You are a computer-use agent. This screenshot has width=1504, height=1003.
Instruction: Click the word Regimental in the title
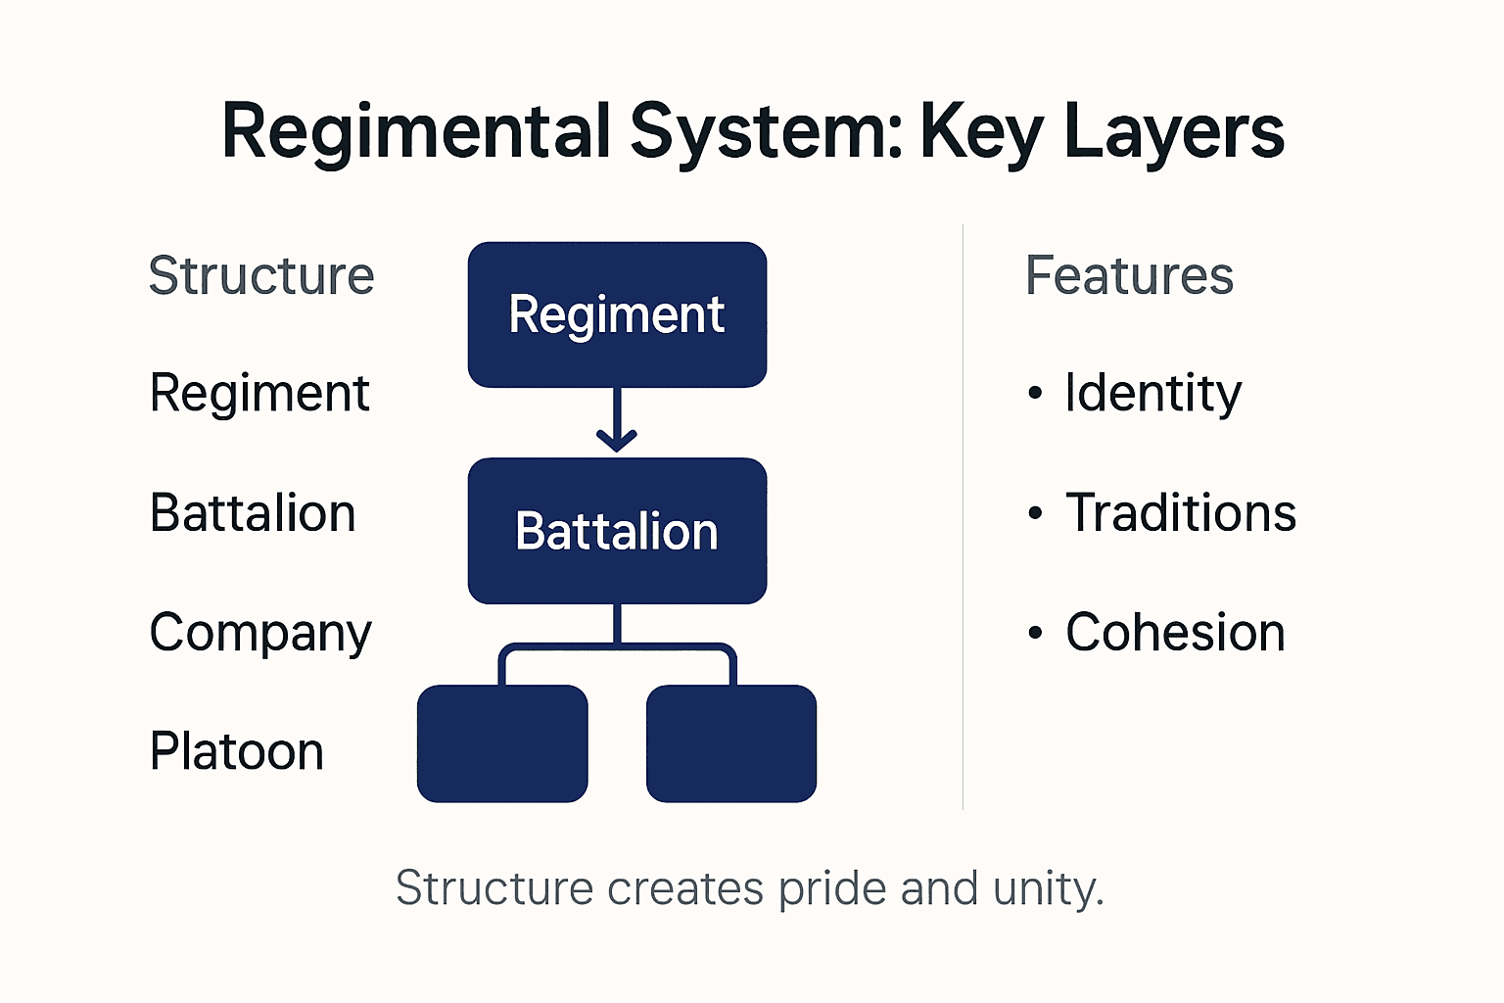416,132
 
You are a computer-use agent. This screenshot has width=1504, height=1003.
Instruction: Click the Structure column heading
261,276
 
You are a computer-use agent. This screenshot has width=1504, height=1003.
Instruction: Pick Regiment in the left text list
259,395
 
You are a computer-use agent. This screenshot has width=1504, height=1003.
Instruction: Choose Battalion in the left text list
253,513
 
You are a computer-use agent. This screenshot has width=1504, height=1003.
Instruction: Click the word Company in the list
260,634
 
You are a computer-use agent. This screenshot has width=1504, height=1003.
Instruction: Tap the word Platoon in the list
236,752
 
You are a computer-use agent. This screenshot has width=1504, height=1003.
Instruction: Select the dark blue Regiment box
617,314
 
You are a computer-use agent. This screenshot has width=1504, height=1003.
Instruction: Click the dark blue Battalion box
617,531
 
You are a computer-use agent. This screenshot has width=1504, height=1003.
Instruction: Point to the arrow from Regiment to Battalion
617,422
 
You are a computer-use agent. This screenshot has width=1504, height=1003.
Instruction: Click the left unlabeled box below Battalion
502,743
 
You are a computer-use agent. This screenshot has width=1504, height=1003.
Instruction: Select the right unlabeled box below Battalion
731,743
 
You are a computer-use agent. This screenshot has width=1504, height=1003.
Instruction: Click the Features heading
1129,276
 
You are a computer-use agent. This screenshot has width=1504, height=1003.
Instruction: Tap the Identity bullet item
1152,395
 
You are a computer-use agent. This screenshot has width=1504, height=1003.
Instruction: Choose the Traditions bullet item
1180,513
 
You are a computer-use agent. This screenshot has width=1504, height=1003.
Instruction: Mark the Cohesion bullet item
1174,633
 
